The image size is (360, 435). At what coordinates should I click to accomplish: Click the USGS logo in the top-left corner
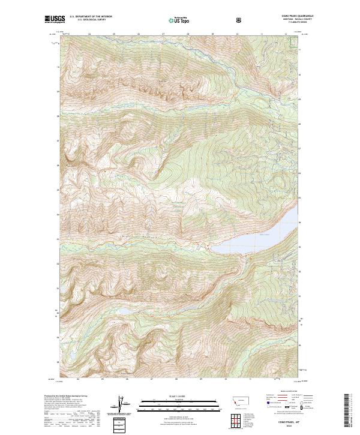(55, 20)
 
